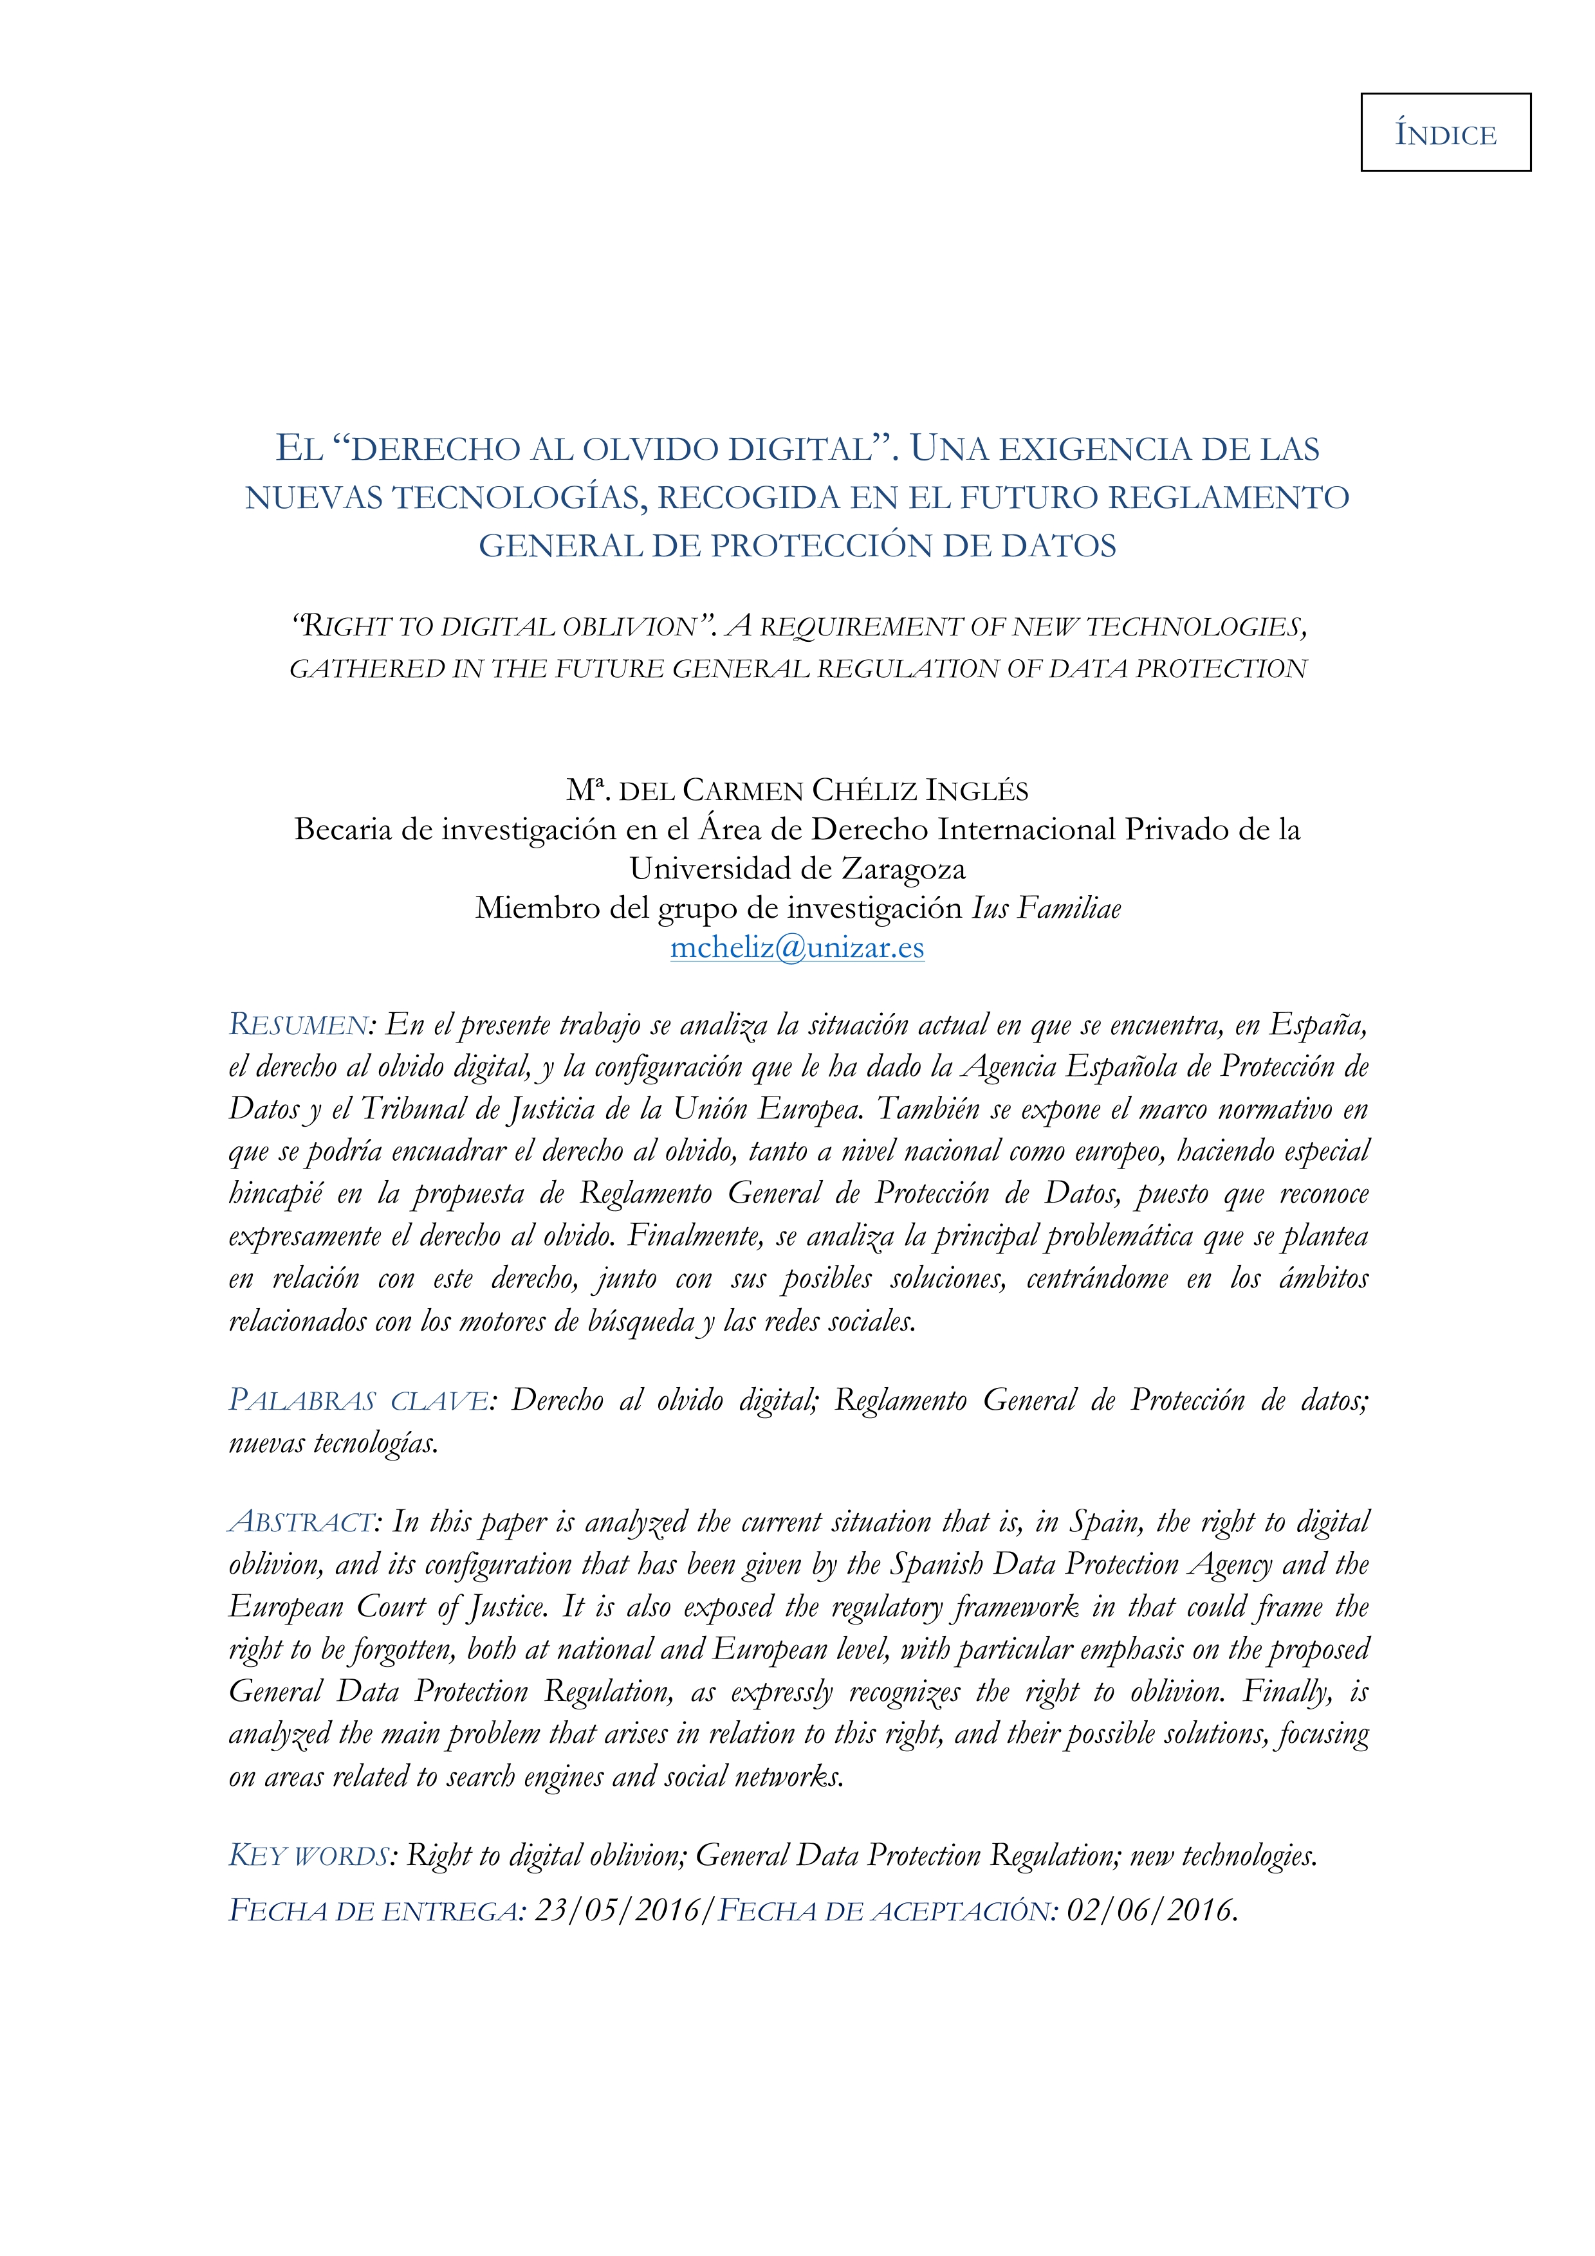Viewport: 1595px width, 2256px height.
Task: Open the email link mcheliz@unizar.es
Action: pyautogui.click(x=797, y=947)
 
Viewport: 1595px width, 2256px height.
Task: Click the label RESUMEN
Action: pyautogui.click(x=298, y=1025)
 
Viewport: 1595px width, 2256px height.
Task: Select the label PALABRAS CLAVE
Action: pyautogui.click(x=359, y=1400)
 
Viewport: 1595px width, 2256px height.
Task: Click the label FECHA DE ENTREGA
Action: pyautogui.click(x=373, y=1910)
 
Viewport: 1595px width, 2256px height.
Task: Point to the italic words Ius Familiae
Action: pyautogui.click(x=1046, y=908)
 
